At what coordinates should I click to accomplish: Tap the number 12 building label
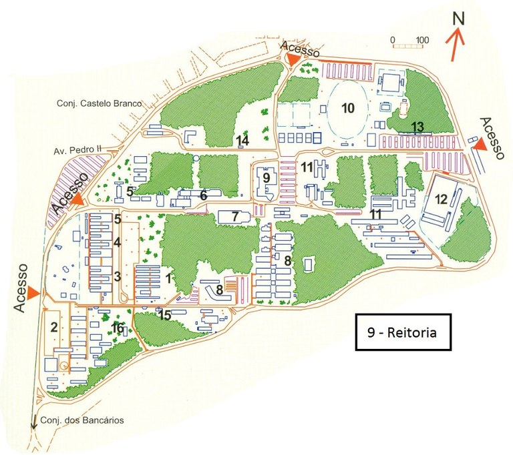[x=441, y=198]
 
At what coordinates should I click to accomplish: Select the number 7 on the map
[x=234, y=216]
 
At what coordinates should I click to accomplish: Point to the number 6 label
[x=204, y=195]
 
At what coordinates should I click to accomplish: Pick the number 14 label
[x=242, y=141]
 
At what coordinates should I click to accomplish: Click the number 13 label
[x=417, y=127]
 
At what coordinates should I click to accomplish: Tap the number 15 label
[x=165, y=315]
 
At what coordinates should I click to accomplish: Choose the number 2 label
[x=53, y=327]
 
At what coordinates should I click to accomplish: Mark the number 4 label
[x=117, y=242]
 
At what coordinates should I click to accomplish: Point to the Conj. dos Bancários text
[x=82, y=420]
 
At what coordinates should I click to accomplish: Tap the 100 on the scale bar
[x=422, y=39]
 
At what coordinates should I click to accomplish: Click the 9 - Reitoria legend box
[x=403, y=332]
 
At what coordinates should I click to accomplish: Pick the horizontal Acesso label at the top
[x=300, y=47]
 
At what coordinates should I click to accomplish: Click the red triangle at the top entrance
[x=293, y=60]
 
